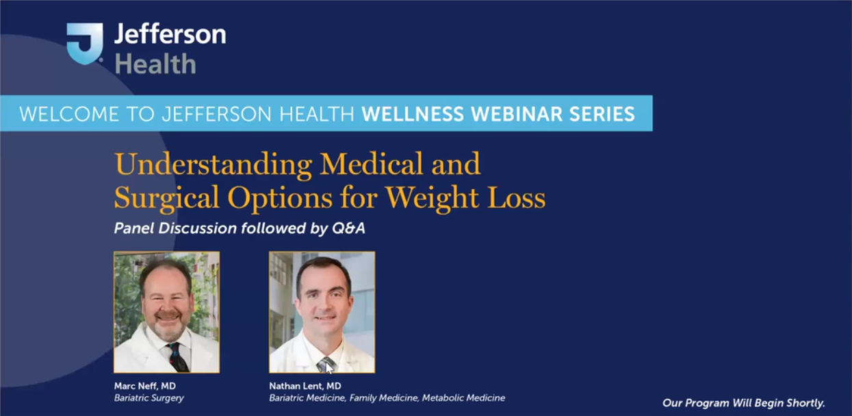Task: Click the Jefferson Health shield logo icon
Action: point(84,43)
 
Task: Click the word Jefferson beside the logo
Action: point(170,34)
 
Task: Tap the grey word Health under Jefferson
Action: point(155,64)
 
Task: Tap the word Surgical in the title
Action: point(167,197)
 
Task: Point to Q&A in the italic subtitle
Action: point(348,229)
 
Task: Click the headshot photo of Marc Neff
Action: point(166,312)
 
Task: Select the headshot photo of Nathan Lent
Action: point(322,312)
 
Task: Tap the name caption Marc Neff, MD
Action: point(145,386)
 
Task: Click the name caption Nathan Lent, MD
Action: point(305,386)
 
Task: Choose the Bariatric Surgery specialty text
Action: point(149,397)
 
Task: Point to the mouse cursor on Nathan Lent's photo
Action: point(328,367)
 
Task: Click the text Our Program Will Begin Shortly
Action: point(744,403)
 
